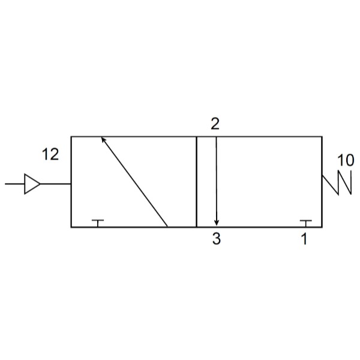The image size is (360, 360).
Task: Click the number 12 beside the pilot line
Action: (50, 154)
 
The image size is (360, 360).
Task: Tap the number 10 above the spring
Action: (346, 160)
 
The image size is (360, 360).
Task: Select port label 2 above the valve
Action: (215, 124)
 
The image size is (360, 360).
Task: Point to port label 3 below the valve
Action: (216, 239)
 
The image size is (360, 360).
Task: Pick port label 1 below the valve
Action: (304, 239)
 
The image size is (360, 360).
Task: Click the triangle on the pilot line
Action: (32, 184)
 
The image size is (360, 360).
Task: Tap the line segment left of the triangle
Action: (14, 184)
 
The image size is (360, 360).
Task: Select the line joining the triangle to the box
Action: (56, 184)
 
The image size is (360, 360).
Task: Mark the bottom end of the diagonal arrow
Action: (167, 227)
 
